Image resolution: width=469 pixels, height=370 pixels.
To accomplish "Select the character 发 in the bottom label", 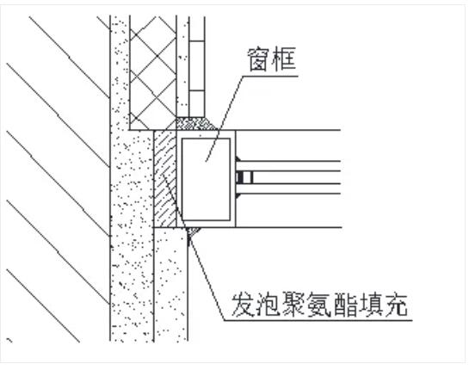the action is coord(243,305).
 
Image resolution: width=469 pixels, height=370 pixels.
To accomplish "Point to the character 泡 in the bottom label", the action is coord(268,305).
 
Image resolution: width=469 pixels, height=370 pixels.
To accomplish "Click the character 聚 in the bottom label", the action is coord(293,305).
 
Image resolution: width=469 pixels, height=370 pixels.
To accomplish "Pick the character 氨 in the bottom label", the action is coord(319,305).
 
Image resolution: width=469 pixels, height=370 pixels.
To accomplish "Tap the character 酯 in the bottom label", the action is coord(344,305).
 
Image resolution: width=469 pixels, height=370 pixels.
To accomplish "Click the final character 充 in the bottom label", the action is coord(395,305).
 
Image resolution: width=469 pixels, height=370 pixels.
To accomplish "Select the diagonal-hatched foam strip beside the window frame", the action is coord(165,179).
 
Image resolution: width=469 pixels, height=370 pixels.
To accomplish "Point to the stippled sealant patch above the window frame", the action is coord(197,124).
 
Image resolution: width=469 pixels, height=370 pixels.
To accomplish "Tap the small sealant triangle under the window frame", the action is coord(192,231).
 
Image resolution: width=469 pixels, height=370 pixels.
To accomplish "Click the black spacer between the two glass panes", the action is coord(240,177).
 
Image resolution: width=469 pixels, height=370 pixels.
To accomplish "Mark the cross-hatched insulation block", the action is coord(153,72).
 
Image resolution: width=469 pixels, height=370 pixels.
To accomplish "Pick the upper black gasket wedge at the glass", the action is coord(238,159).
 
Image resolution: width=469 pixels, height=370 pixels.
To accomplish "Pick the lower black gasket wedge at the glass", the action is coord(238,196).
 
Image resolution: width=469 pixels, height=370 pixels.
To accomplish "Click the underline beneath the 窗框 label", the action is coord(270,76).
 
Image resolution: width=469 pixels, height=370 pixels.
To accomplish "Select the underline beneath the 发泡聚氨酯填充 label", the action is coord(318,320).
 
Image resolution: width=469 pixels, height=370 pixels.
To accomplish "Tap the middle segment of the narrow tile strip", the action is coord(197,65).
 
